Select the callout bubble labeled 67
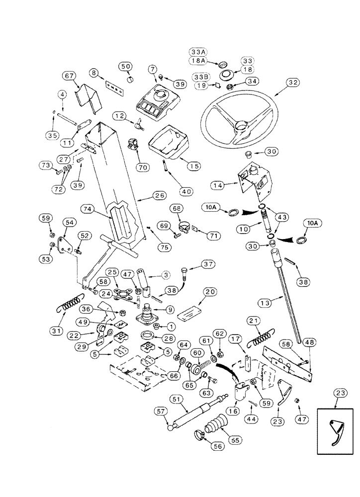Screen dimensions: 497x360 [x=69, y=76]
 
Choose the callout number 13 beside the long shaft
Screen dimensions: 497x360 [x=264, y=303]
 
